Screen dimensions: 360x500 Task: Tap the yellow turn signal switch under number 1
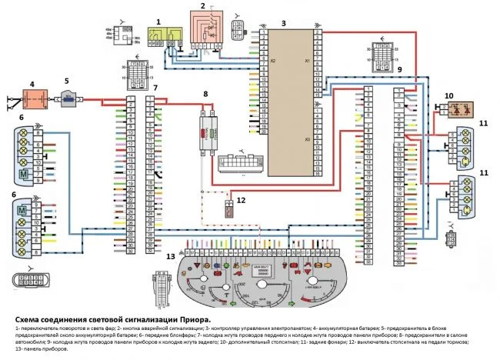coord(168,32)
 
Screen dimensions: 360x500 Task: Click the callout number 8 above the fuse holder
coord(205,94)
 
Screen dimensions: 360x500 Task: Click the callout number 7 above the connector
coord(155,88)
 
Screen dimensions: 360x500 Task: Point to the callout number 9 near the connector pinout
coord(400,70)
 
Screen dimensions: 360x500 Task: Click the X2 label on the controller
coord(272,60)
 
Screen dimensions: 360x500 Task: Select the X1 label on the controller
coord(306,60)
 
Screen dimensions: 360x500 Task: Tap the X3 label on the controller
coord(306,139)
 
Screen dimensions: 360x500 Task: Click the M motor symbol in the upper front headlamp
coord(23,175)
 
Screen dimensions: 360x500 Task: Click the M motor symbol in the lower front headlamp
coord(22,210)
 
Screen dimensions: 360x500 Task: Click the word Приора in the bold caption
coord(194,319)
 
